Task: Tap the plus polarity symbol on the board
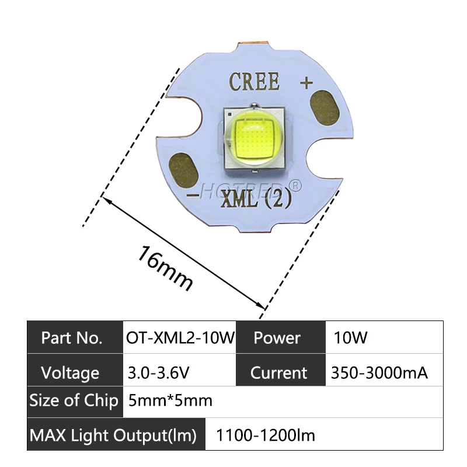tap(306, 83)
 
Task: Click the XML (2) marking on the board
tap(256, 201)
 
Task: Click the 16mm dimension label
tap(165, 268)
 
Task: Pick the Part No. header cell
tap(72, 337)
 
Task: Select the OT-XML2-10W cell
tap(179, 337)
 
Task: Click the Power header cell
tap(277, 337)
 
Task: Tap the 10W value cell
tap(350, 337)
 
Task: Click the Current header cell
tap(278, 372)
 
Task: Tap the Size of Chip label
tap(74, 401)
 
